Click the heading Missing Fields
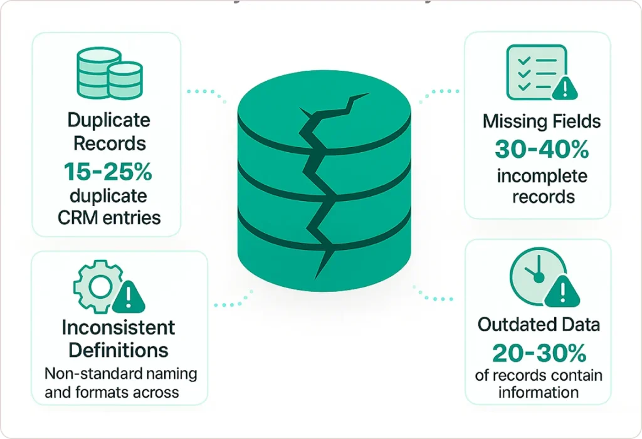coord(542,121)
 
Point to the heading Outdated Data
coord(539,324)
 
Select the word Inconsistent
coord(118,327)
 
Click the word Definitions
coord(118,349)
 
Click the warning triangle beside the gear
coord(130,297)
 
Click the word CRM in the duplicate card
coord(75,217)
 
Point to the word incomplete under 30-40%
coord(542,176)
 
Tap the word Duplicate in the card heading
coord(108,120)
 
